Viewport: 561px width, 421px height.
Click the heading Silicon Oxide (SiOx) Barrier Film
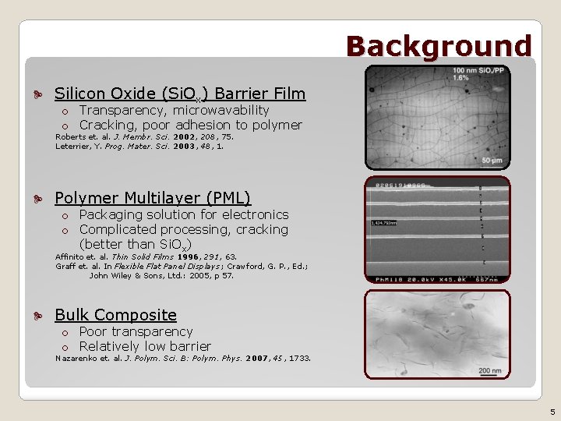pyautogui.click(x=180, y=94)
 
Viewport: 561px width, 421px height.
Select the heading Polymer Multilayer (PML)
pyautogui.click(x=153, y=198)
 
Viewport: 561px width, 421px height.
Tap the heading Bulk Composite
pyautogui.click(x=115, y=315)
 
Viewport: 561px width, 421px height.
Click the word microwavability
pyautogui.click(x=221, y=110)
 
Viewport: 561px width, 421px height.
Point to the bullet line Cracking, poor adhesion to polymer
pyautogui.click(x=190, y=125)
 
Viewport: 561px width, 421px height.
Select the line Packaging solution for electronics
pyautogui.click(x=184, y=214)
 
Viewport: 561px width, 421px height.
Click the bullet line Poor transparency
pyautogui.click(x=136, y=331)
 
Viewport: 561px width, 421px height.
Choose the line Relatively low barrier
pyautogui.click(x=145, y=346)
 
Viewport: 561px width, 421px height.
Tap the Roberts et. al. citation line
pyautogui.click(x=144, y=136)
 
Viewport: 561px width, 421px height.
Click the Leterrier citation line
pyautogui.click(x=139, y=146)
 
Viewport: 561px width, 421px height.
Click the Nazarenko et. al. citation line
pyautogui.click(x=182, y=359)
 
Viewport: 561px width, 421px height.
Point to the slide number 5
pyautogui.click(x=552, y=412)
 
